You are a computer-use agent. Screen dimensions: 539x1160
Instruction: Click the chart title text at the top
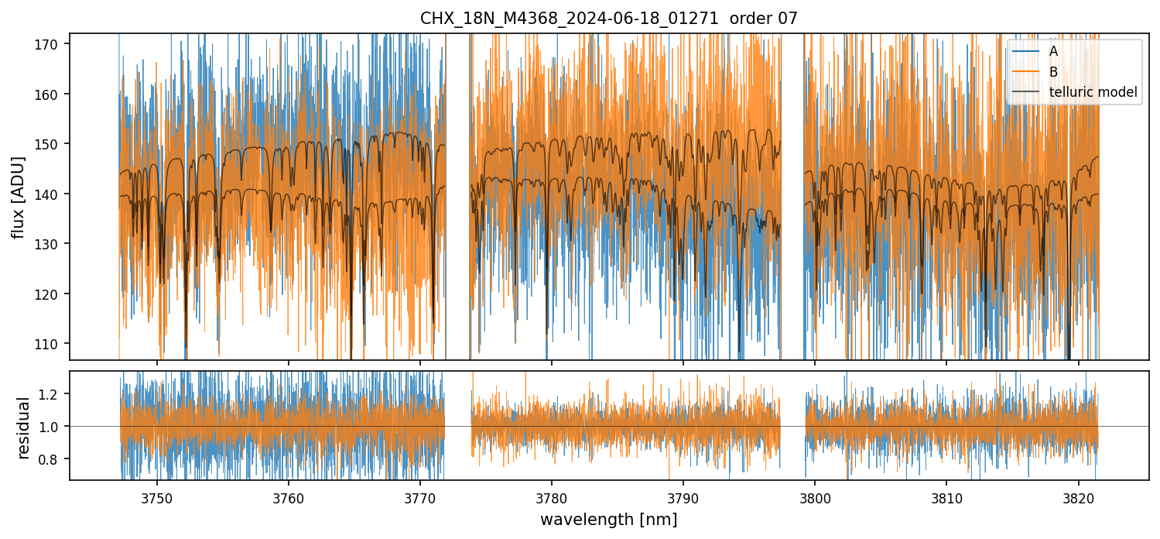coord(608,18)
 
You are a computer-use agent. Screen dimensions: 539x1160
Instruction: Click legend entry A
coord(1053,51)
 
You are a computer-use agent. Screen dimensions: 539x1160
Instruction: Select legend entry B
coord(1053,72)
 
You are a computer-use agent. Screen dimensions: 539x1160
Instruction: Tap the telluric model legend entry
coord(1093,92)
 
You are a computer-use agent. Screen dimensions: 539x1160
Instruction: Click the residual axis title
coord(23,427)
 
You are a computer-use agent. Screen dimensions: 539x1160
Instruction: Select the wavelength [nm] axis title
coord(608,520)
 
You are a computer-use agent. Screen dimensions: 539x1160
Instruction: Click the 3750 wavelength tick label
coord(157,497)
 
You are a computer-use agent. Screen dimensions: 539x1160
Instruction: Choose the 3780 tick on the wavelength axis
coord(551,497)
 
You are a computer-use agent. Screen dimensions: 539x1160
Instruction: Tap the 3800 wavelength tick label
coord(815,497)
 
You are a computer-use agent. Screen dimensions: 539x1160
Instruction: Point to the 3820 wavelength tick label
coord(1078,497)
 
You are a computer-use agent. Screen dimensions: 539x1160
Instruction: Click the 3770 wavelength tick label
coord(420,497)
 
